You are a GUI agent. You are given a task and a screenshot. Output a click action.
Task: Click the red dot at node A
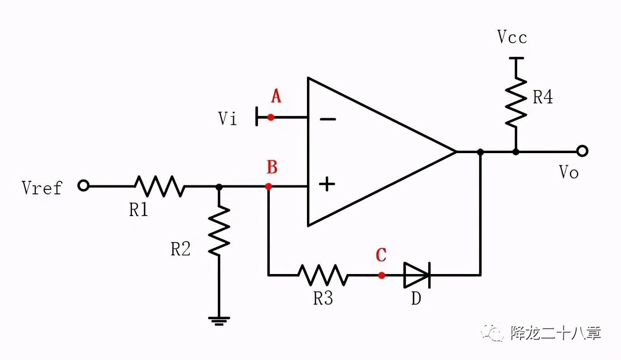[271, 117]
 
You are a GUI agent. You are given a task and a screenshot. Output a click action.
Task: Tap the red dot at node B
[268, 186]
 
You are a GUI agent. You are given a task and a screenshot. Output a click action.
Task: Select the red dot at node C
[381, 275]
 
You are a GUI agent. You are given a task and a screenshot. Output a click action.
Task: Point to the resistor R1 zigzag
[160, 186]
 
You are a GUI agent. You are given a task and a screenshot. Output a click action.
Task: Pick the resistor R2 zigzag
[219, 231]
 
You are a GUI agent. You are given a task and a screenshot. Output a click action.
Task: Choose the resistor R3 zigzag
[323, 275]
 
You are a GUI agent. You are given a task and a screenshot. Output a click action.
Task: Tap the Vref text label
[42, 188]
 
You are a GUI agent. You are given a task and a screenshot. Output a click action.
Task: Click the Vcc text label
[512, 38]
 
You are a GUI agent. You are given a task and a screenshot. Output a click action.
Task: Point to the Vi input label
[228, 119]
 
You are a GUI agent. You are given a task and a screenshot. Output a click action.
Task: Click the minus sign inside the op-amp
[328, 119]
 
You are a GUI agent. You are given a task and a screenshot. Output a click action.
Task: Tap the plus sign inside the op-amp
[328, 184]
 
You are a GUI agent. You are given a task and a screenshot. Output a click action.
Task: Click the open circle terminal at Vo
[582, 151]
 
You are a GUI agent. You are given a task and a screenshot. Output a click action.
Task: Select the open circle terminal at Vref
[83, 185]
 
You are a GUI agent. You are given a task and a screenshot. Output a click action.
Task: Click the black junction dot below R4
[516, 152]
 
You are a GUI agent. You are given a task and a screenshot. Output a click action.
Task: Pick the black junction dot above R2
[219, 186]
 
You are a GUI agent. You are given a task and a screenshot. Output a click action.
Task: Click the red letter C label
[381, 255]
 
